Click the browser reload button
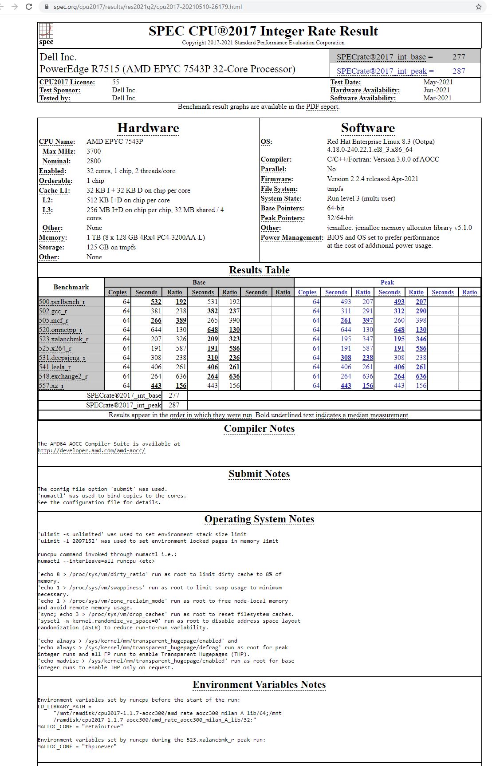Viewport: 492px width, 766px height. click(x=29, y=7)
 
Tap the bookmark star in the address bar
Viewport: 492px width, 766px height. click(x=478, y=7)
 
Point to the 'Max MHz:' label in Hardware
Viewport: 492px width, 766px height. click(x=59, y=151)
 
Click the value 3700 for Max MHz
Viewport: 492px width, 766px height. click(x=94, y=151)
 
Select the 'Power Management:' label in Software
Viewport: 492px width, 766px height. click(x=292, y=237)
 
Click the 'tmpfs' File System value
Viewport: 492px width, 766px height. click(x=335, y=189)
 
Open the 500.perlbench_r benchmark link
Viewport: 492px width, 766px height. click(x=62, y=302)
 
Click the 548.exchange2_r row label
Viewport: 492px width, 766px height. click(x=63, y=376)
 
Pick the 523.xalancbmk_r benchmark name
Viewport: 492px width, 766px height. click(x=63, y=339)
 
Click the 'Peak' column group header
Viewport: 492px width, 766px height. click(x=387, y=282)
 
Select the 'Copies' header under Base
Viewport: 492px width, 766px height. click(x=118, y=292)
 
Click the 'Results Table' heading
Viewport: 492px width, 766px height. click(x=259, y=270)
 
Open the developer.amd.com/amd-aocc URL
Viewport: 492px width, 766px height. click(x=91, y=450)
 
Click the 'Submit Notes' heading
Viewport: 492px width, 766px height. click(x=259, y=474)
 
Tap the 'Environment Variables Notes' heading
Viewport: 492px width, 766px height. click(x=259, y=684)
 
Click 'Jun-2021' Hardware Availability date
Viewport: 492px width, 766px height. click(x=437, y=90)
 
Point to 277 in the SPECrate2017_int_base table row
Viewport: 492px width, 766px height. click(x=174, y=395)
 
